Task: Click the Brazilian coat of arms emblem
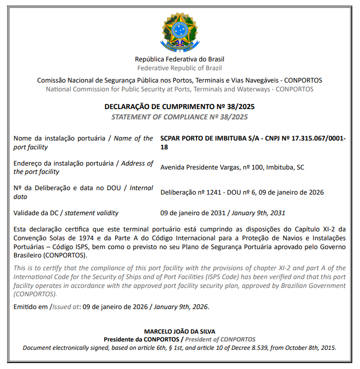coord(180,30)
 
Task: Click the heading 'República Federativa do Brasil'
coord(180,59)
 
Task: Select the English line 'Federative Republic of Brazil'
coord(180,68)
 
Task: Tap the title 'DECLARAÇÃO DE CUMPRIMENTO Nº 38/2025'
coord(180,107)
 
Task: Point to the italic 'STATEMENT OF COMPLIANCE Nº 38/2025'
coord(180,117)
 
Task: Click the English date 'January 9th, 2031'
coord(259,213)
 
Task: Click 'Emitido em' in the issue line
coord(31,307)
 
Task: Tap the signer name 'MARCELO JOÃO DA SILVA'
coord(180,331)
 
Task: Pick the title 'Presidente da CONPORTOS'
coord(141,339)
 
